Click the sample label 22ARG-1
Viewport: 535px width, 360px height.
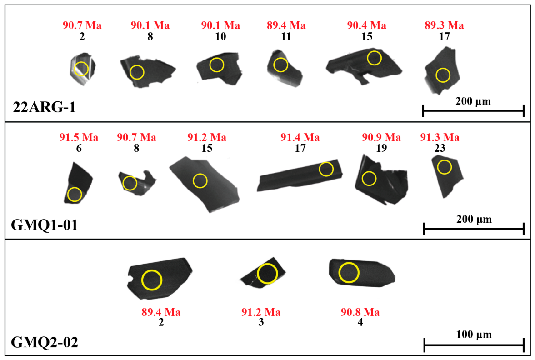click(45, 107)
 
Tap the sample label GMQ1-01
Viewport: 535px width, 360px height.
click(45, 225)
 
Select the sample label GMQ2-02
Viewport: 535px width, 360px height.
click(45, 342)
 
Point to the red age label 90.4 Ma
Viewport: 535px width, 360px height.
click(366, 25)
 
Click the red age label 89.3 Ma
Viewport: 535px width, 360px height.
click(444, 25)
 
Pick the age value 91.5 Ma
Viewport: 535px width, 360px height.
click(79, 137)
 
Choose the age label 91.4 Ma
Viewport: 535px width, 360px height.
click(300, 137)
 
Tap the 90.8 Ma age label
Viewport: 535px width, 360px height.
click(360, 312)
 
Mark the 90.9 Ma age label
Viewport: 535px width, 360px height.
click(381, 137)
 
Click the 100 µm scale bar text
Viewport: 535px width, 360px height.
click(474, 335)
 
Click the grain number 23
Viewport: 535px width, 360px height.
click(440, 148)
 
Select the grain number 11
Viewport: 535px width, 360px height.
click(286, 36)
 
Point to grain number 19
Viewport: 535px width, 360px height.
click(381, 148)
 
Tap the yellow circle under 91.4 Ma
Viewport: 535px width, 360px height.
click(326, 162)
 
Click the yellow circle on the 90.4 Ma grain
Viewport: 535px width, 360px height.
click(374, 51)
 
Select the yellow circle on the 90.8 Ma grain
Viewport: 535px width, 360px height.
click(349, 263)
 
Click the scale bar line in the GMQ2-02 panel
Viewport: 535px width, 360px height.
click(474, 345)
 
